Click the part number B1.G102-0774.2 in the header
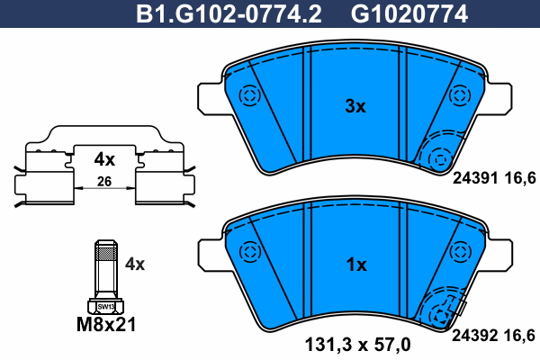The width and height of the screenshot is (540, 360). tap(229, 14)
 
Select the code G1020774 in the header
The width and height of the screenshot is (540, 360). tap(409, 14)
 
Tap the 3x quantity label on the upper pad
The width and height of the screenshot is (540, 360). tap(355, 106)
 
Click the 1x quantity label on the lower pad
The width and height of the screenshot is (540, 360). tap(356, 265)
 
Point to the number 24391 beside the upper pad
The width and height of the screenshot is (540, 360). tap(475, 178)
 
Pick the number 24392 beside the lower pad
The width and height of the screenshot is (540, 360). tap(475, 335)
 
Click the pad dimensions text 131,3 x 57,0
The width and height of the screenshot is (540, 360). tap(358, 345)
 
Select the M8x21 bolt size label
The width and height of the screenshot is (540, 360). tap(106, 325)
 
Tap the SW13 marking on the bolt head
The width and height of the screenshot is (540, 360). tap(105, 306)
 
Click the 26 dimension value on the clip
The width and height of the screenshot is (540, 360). tap(104, 182)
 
